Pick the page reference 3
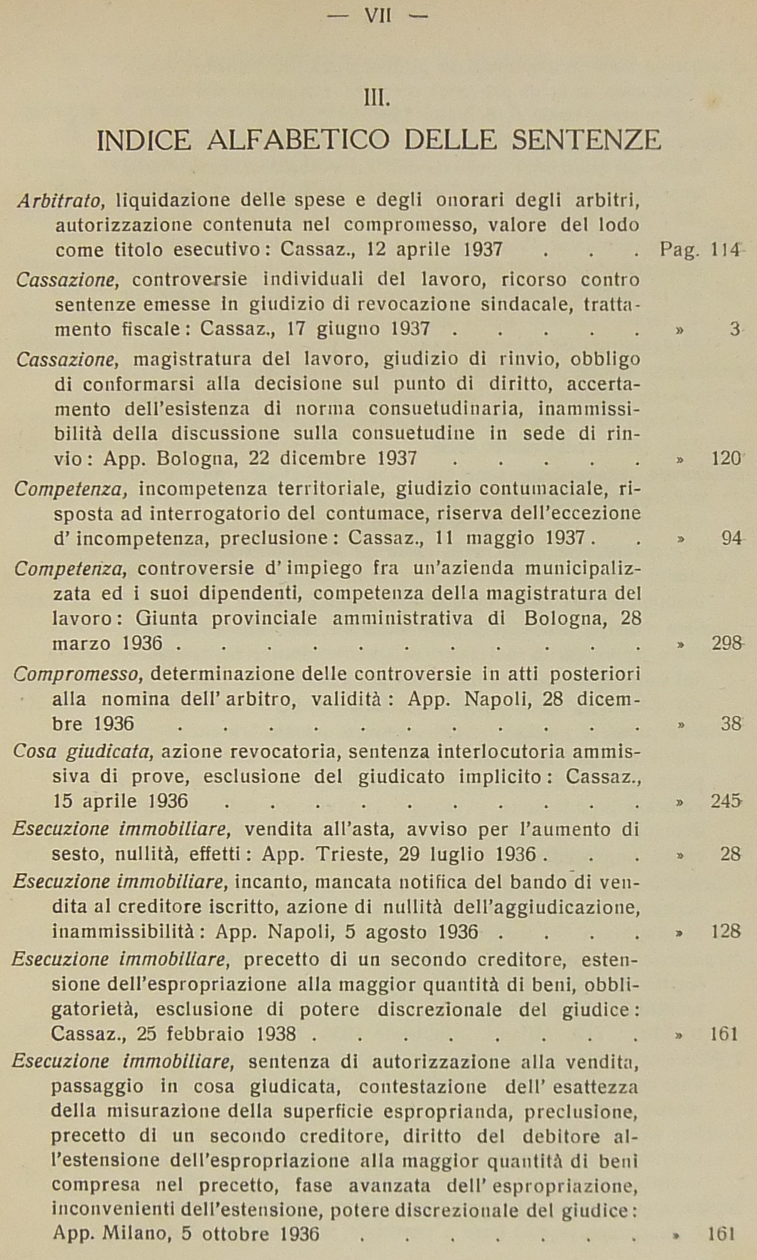734,330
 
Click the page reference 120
726,458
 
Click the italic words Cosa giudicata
83,752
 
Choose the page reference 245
726,802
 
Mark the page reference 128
726,931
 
